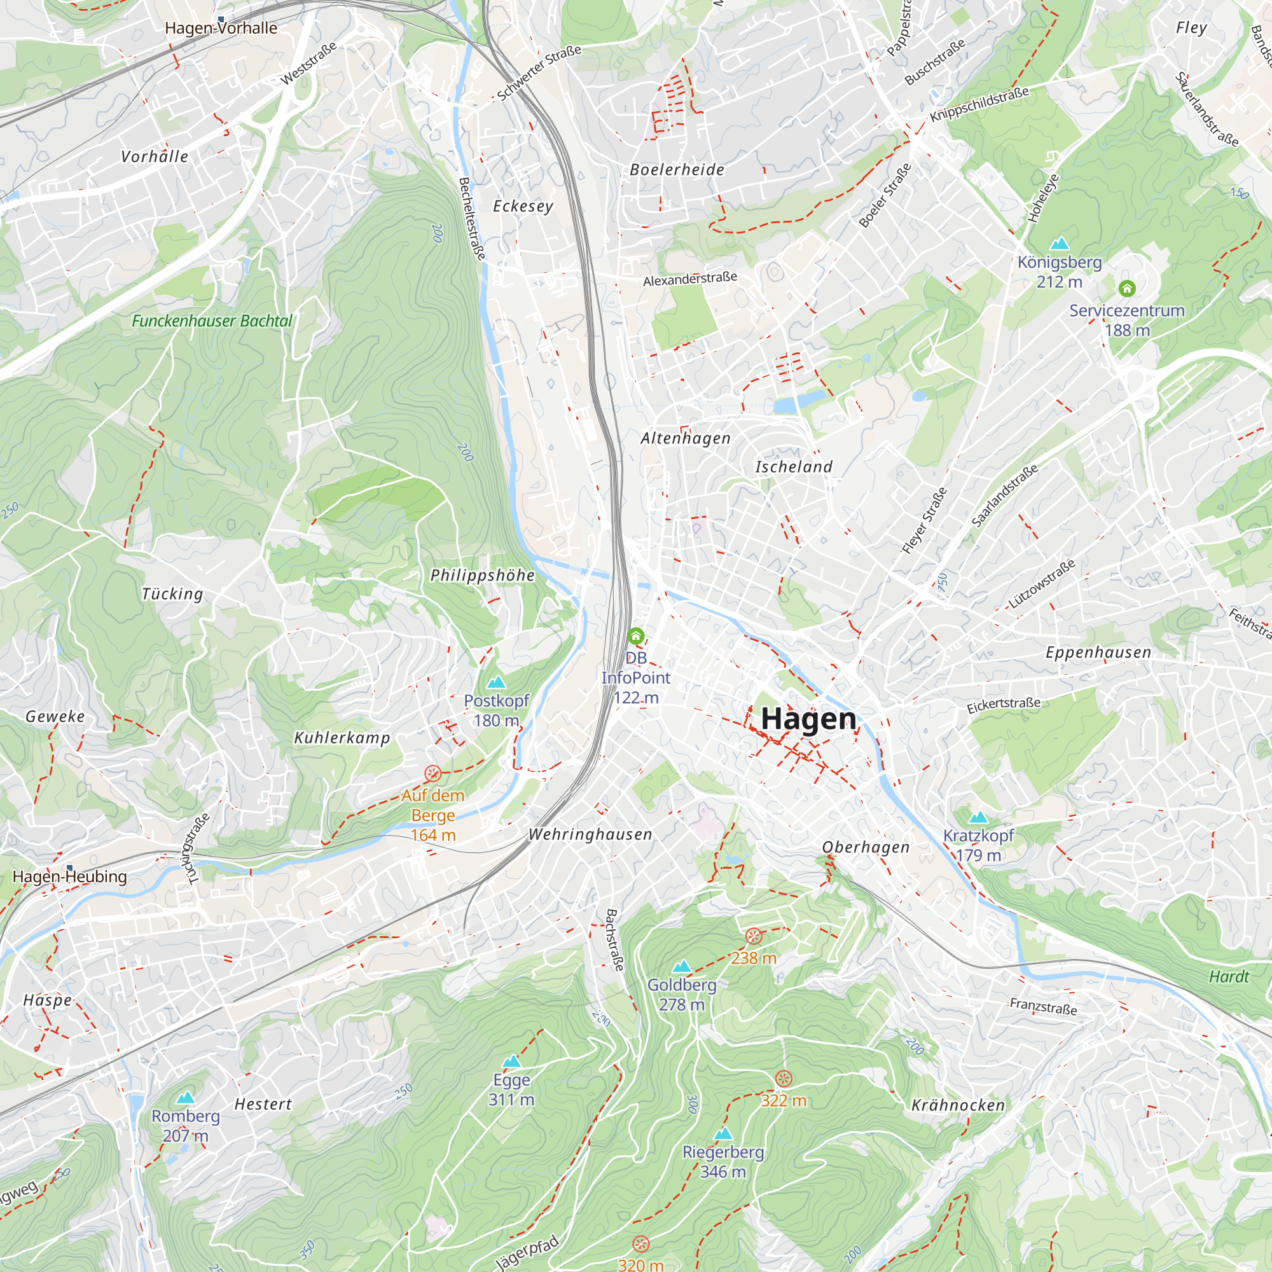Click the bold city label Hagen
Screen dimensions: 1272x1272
(808, 718)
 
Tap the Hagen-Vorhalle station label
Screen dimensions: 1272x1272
(221, 27)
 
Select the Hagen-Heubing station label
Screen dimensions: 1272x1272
(70, 876)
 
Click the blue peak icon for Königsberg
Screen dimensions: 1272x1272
(1059, 244)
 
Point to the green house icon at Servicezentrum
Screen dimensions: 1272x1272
(1126, 288)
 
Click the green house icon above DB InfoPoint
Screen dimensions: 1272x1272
(635, 636)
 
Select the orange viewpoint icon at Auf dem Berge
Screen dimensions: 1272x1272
(432, 773)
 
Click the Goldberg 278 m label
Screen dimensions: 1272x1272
(681, 994)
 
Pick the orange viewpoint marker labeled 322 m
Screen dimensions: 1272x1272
(783, 1079)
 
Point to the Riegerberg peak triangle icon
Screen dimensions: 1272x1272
(723, 1133)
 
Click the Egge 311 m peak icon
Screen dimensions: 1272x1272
(511, 1062)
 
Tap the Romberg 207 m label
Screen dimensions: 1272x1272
(186, 1125)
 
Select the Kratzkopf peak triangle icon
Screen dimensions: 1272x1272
(978, 818)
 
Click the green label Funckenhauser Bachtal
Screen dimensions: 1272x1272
(212, 321)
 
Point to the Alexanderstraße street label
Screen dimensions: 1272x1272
(689, 279)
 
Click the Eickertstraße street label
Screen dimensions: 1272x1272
(1004, 705)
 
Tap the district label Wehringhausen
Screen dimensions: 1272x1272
(590, 834)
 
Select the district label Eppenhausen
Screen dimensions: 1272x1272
(1098, 653)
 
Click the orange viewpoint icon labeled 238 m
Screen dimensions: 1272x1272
(753, 936)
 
